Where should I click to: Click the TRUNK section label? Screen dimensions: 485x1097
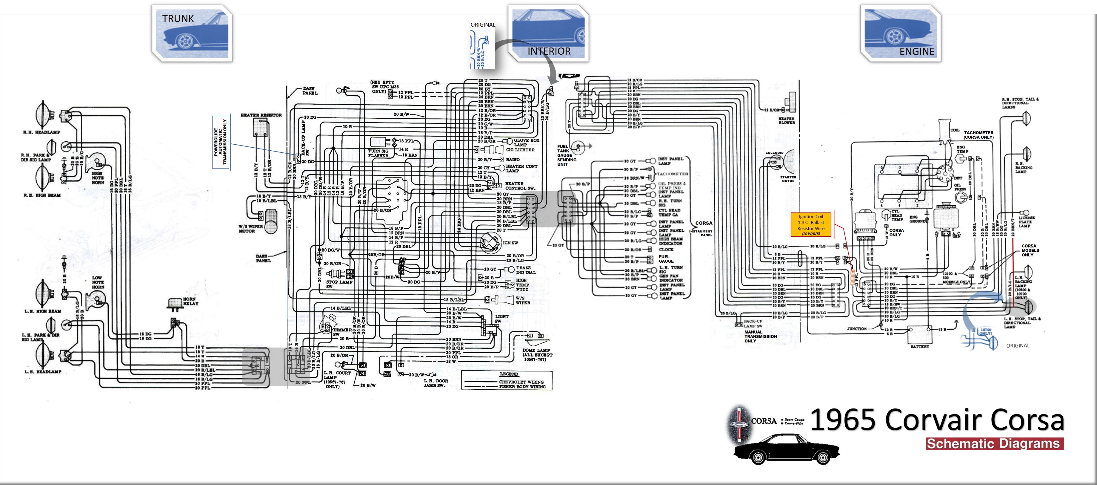[x=178, y=19]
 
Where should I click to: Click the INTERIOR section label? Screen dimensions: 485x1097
[x=549, y=51]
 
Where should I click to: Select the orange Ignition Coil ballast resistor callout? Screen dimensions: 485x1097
[x=811, y=225]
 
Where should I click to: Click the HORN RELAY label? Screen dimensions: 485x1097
[x=190, y=301]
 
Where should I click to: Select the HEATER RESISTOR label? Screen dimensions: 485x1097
[x=261, y=115]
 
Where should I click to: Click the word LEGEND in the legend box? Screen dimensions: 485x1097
[x=509, y=374]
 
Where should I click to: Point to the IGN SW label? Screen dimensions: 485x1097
[x=510, y=243]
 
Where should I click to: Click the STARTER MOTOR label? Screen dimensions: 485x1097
[x=788, y=179]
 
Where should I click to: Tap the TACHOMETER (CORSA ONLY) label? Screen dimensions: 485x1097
[x=978, y=135]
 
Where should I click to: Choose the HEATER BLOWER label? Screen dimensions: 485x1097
[x=786, y=121]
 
